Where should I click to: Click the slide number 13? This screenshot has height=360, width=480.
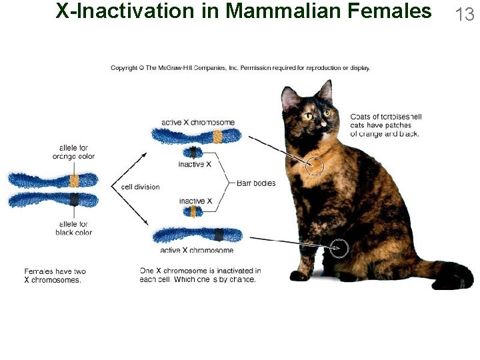[x=464, y=14]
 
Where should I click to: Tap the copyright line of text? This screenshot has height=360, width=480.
[x=240, y=67]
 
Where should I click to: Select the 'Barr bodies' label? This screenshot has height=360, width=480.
[x=255, y=183]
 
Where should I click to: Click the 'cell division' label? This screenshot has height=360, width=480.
[x=140, y=187]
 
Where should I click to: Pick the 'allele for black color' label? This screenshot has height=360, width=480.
[x=73, y=228]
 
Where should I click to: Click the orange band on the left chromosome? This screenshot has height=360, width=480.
[x=75, y=181]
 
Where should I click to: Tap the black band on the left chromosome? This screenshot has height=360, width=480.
[x=75, y=199]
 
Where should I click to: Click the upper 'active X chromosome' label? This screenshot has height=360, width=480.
[x=198, y=123]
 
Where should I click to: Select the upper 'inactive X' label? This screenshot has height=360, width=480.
[x=195, y=164]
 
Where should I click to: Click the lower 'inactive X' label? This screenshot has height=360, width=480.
[x=195, y=201]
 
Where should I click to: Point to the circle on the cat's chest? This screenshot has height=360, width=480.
[x=314, y=165]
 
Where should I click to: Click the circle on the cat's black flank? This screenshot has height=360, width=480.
[x=339, y=248]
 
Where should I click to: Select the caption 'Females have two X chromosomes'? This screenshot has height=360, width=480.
[x=55, y=275]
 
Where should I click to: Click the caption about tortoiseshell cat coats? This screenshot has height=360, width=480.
[x=385, y=125]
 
